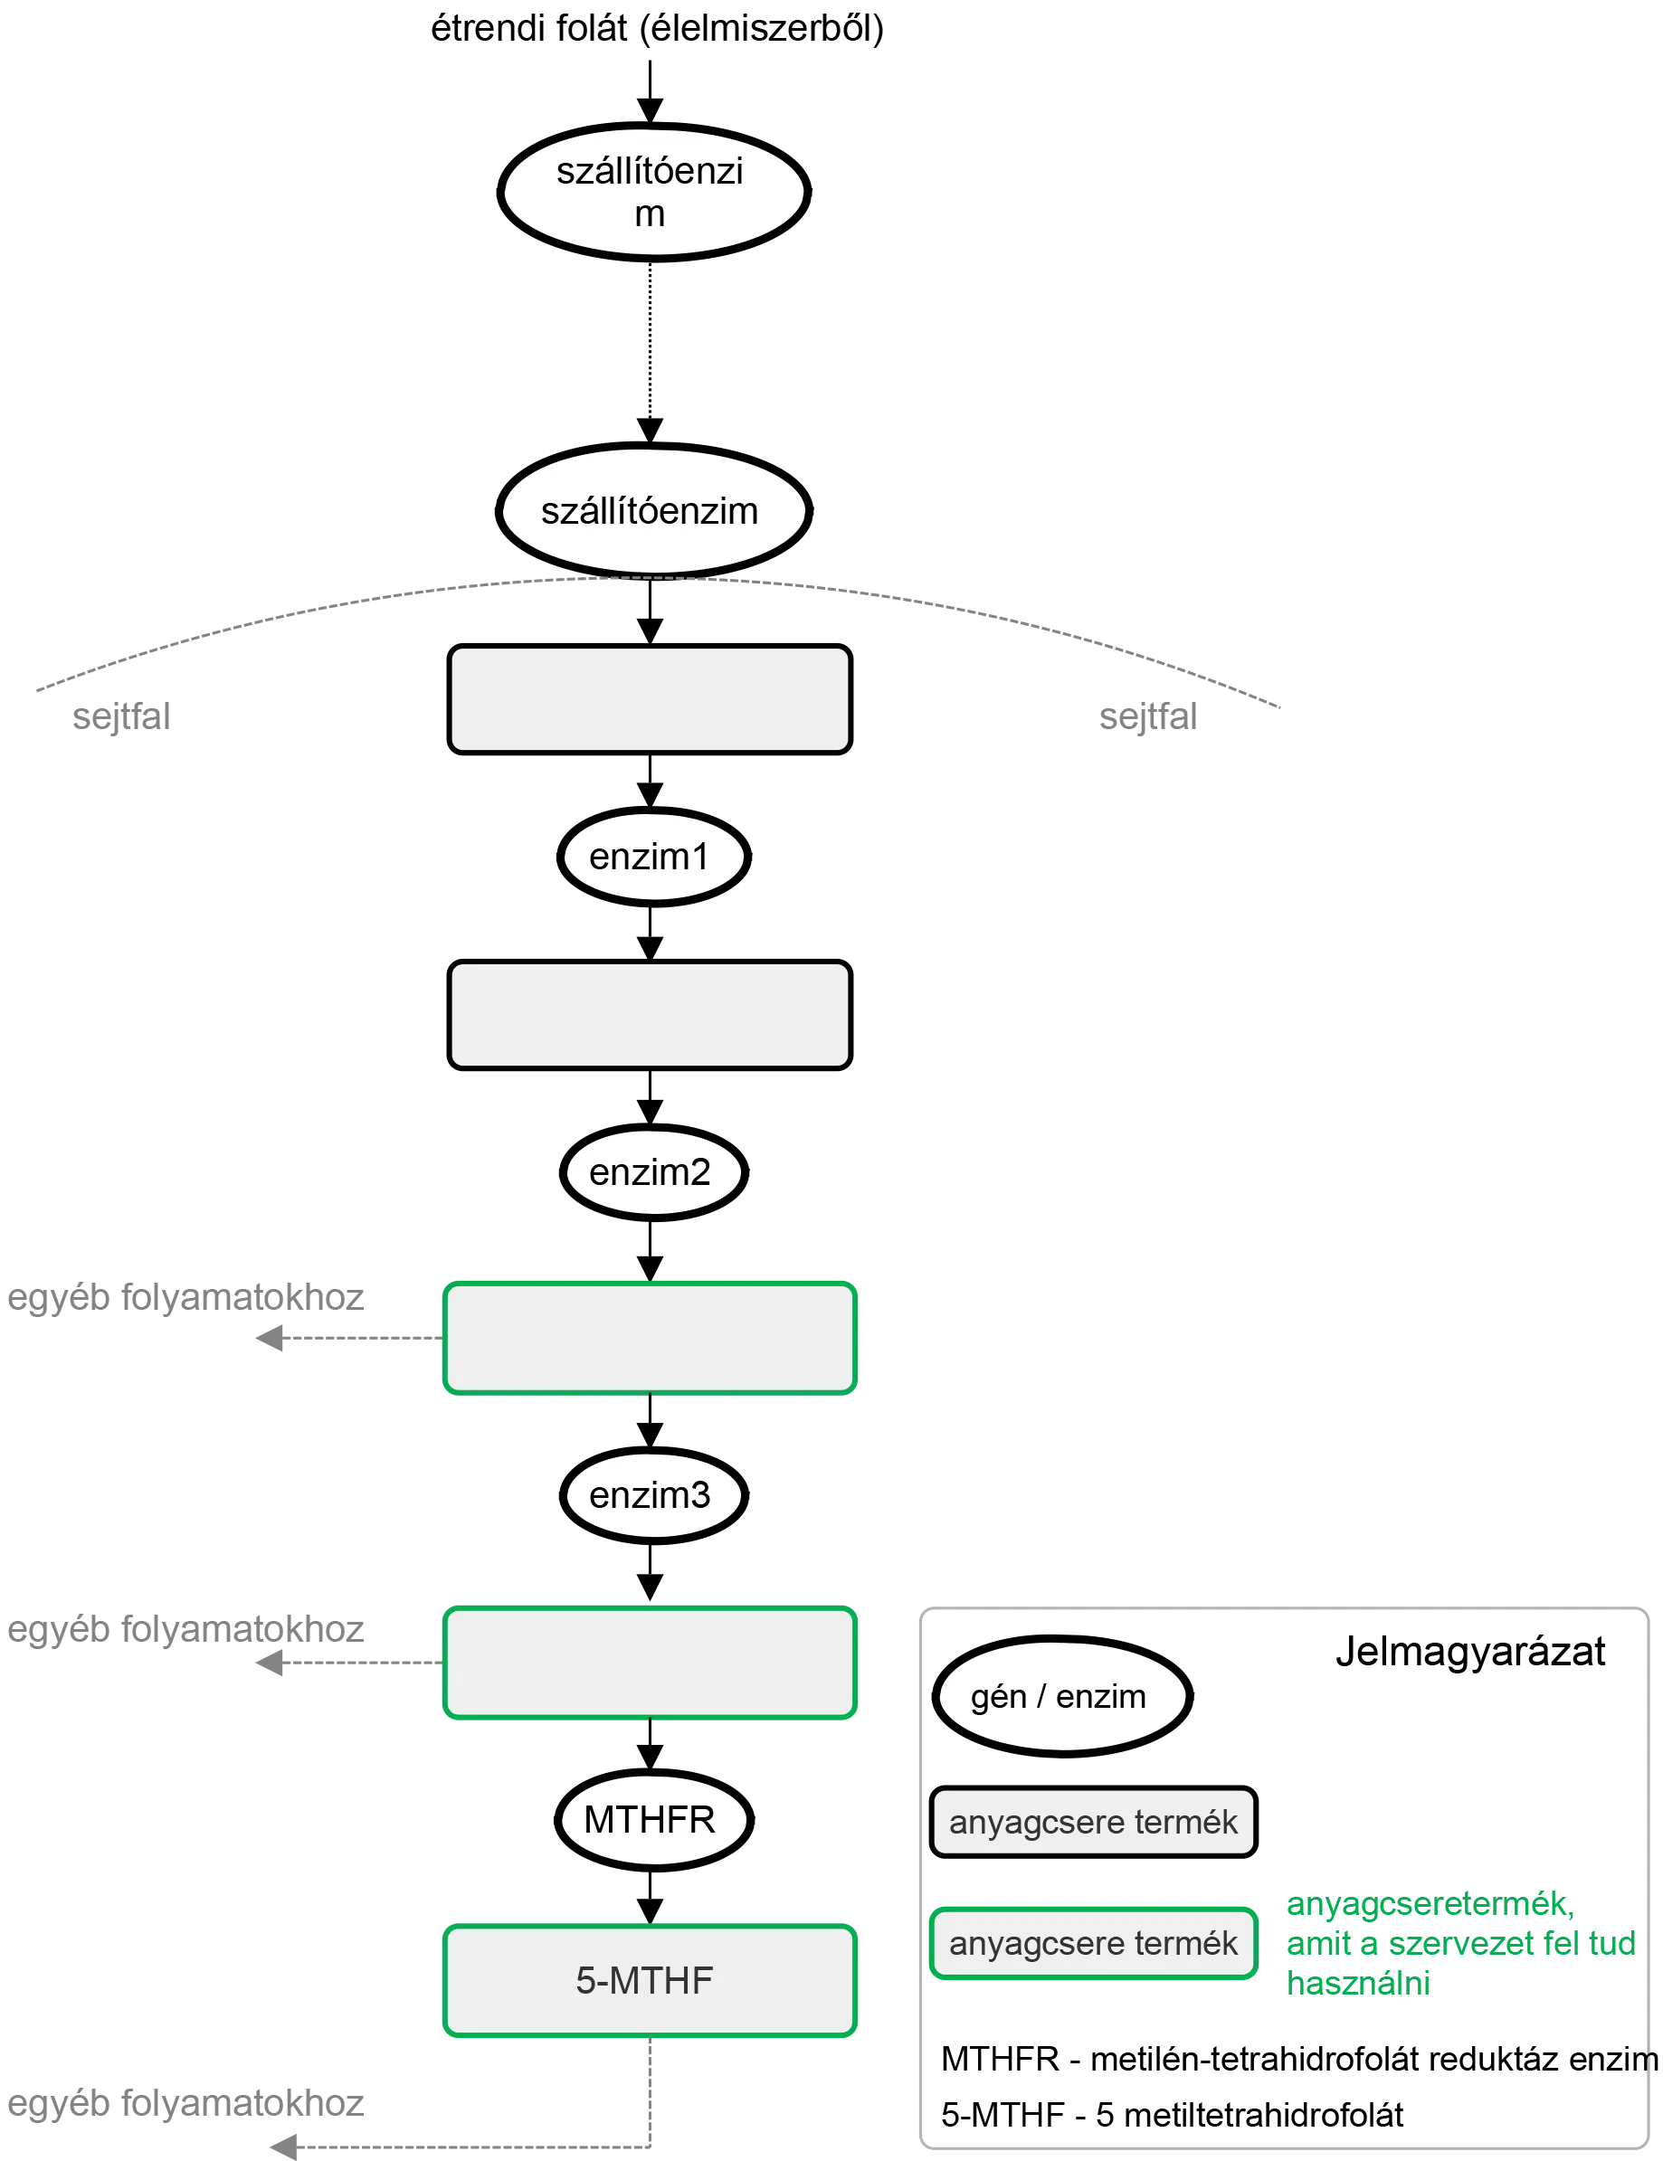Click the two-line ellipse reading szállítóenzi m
point(651,192)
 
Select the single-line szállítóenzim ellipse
point(651,512)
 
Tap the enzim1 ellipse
point(651,857)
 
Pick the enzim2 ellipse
point(651,1172)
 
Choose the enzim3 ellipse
point(651,1495)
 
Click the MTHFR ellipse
point(651,1820)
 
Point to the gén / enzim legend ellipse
point(1060,1697)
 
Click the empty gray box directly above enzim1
point(650,698)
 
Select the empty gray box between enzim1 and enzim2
point(650,1015)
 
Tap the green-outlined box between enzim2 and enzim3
point(650,1338)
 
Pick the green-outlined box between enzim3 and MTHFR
point(650,1663)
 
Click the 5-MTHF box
point(650,1981)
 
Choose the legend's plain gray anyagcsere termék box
point(1093,1822)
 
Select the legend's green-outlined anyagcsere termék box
point(1093,1943)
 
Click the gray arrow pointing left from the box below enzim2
point(347,1340)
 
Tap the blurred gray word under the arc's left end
point(123,716)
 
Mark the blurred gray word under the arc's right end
point(1150,716)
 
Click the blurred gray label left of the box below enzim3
point(188,1632)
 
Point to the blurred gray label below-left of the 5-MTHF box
point(188,2106)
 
